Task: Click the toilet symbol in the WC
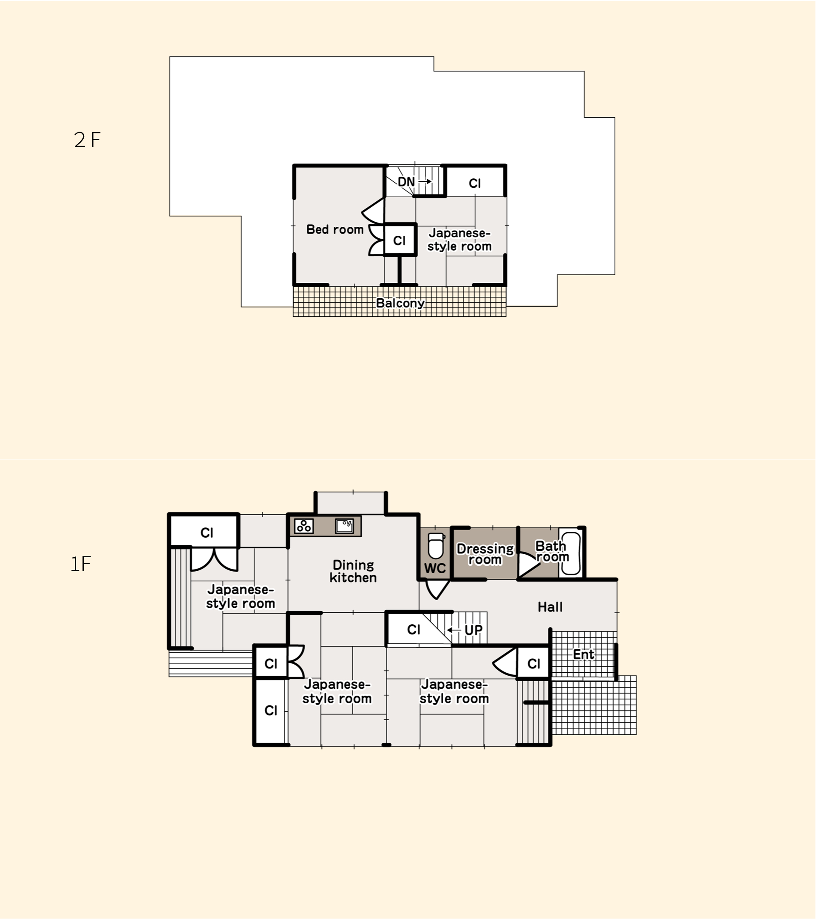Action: pyautogui.click(x=436, y=546)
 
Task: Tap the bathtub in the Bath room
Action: pyautogui.click(x=570, y=553)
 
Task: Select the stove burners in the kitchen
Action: pyautogui.click(x=304, y=526)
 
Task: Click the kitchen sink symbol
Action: pyautogui.click(x=344, y=526)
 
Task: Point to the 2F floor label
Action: pyautogui.click(x=87, y=140)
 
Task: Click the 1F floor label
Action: pyautogui.click(x=81, y=564)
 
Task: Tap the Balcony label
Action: pyautogui.click(x=400, y=303)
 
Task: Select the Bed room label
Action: pyautogui.click(x=335, y=230)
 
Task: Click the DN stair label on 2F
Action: pyautogui.click(x=406, y=182)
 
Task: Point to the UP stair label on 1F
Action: pyautogui.click(x=473, y=630)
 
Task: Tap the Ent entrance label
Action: pyautogui.click(x=583, y=654)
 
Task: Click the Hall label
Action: pyautogui.click(x=550, y=607)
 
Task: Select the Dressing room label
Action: pyautogui.click(x=485, y=554)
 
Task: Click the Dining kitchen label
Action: pyautogui.click(x=353, y=572)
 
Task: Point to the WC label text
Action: pyautogui.click(x=435, y=568)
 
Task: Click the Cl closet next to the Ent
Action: pyautogui.click(x=534, y=663)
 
